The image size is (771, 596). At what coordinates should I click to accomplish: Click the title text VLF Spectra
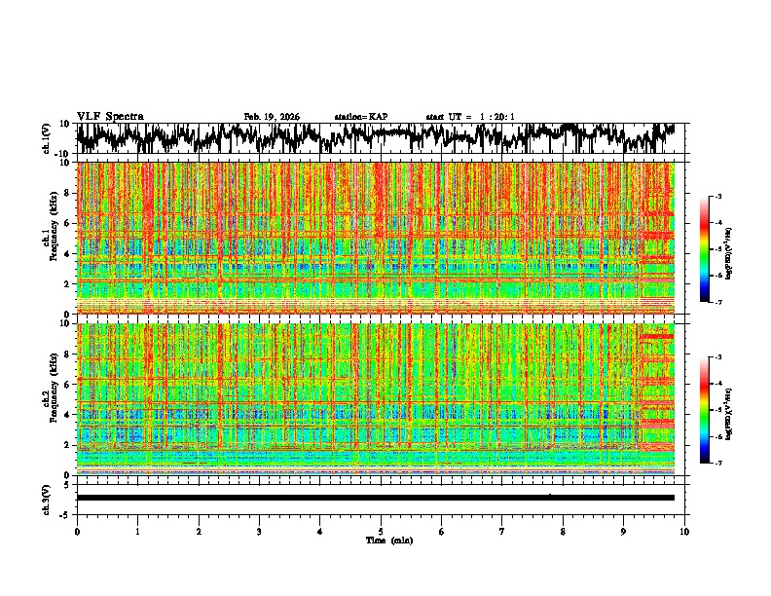point(110,116)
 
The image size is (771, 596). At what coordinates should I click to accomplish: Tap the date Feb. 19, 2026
point(272,117)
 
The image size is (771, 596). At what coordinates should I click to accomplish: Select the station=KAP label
point(360,117)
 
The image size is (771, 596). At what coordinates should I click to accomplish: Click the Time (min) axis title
point(381,540)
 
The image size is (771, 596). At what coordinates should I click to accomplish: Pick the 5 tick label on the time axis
point(381,532)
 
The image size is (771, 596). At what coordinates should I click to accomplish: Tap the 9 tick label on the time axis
point(624,532)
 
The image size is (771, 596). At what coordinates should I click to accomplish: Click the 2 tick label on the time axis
point(199,532)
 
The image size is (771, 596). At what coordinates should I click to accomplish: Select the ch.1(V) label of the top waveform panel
point(47,138)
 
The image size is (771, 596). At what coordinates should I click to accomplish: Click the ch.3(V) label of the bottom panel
point(47,497)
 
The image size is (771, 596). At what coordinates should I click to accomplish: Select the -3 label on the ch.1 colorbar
point(717,197)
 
